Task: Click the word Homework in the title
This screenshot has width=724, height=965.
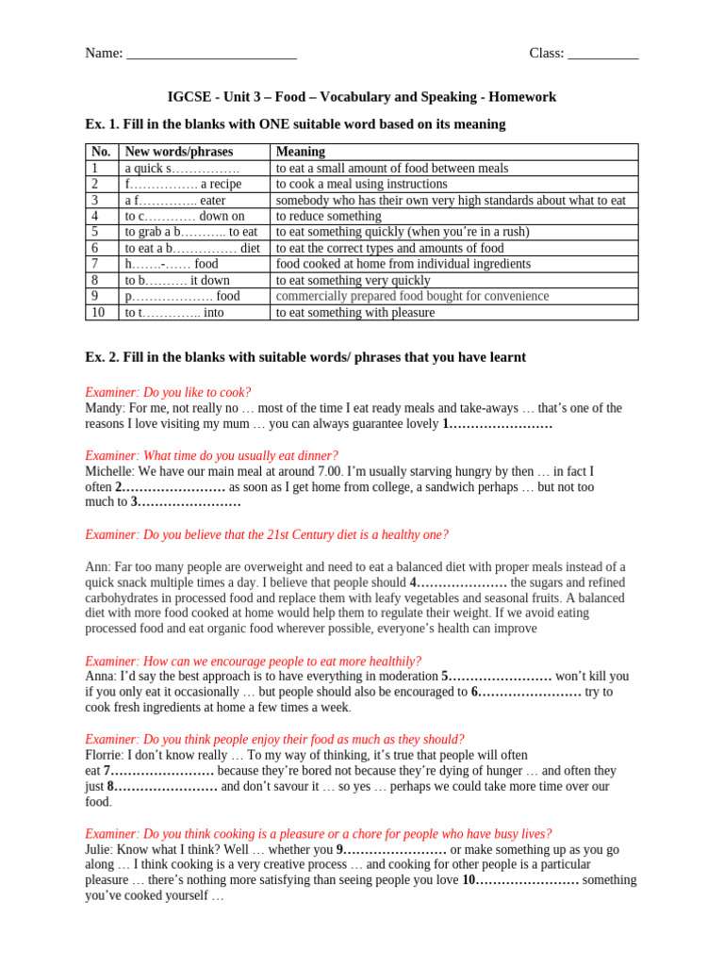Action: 522,97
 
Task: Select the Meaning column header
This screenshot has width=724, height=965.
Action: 301,152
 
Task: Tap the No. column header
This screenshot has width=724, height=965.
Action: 101,152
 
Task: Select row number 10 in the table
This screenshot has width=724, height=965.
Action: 98,312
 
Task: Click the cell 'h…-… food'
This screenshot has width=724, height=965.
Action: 172,264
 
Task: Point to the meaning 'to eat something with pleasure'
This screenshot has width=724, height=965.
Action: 355,312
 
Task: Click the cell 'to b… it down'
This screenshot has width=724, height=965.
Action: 177,280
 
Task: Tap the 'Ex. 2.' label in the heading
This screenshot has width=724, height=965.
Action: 104,357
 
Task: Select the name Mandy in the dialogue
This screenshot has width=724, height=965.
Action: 104,408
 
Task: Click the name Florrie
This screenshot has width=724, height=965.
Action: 104,755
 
